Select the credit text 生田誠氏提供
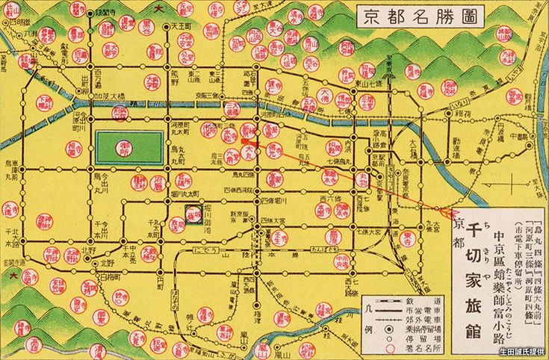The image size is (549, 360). click(523, 352)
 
